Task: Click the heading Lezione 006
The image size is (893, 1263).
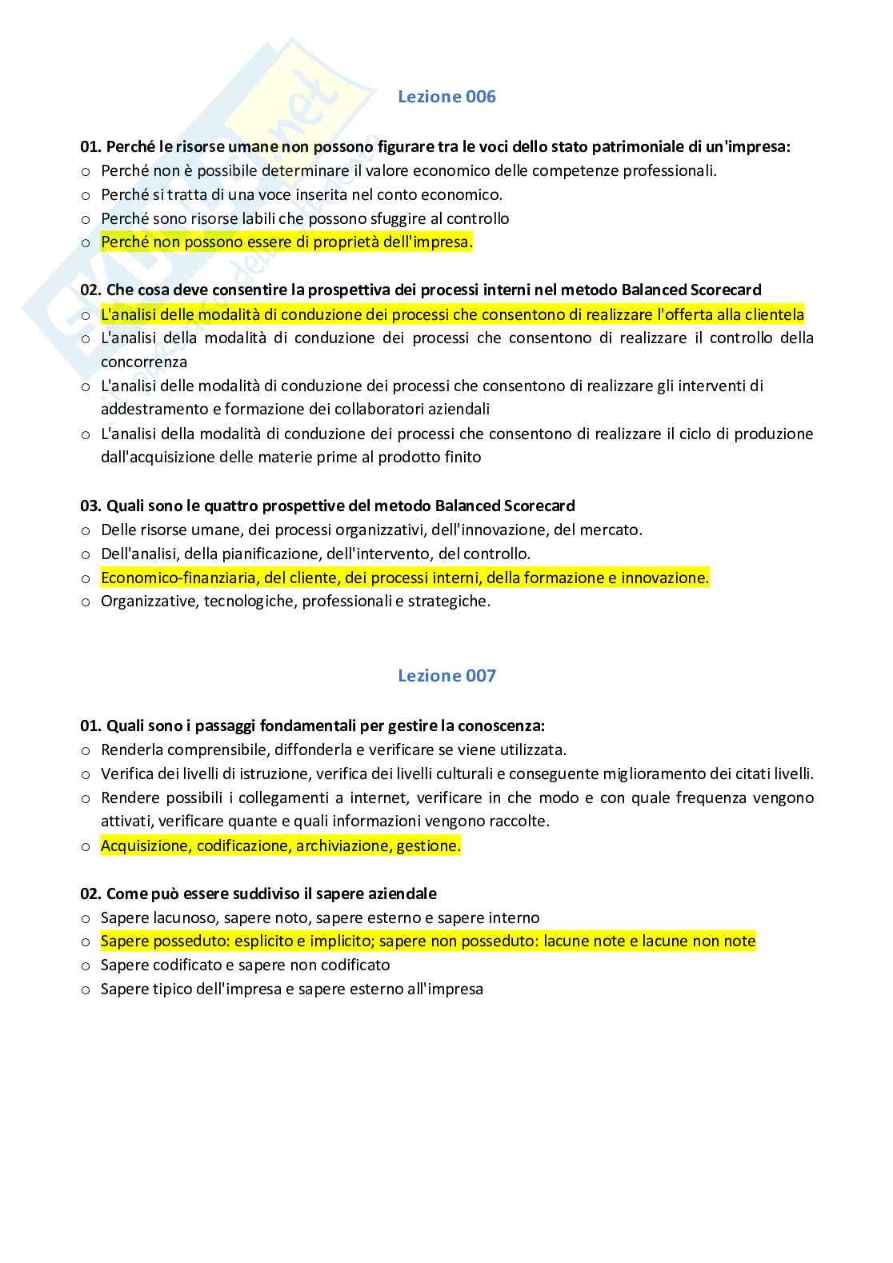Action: (446, 97)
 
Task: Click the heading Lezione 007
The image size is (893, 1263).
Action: (446, 676)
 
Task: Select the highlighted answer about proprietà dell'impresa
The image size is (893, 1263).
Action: (286, 242)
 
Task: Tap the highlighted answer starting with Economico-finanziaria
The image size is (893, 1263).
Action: (404, 578)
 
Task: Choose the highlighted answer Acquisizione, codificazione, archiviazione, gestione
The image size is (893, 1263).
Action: (280, 845)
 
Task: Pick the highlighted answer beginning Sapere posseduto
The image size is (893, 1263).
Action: (427, 941)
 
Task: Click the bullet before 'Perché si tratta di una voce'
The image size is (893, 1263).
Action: (86, 195)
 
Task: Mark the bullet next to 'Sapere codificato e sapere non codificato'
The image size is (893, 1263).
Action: (86, 966)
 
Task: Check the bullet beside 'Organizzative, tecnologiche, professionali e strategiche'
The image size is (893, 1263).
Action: (86, 602)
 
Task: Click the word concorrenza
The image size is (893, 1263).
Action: (143, 362)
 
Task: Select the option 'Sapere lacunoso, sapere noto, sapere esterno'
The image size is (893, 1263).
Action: (320, 917)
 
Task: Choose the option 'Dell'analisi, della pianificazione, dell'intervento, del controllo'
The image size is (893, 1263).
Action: (315, 554)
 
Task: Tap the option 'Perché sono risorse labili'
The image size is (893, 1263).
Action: (305, 218)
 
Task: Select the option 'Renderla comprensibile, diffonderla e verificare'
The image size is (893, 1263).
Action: (333, 749)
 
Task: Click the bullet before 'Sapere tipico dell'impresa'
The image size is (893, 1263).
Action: (86, 990)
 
